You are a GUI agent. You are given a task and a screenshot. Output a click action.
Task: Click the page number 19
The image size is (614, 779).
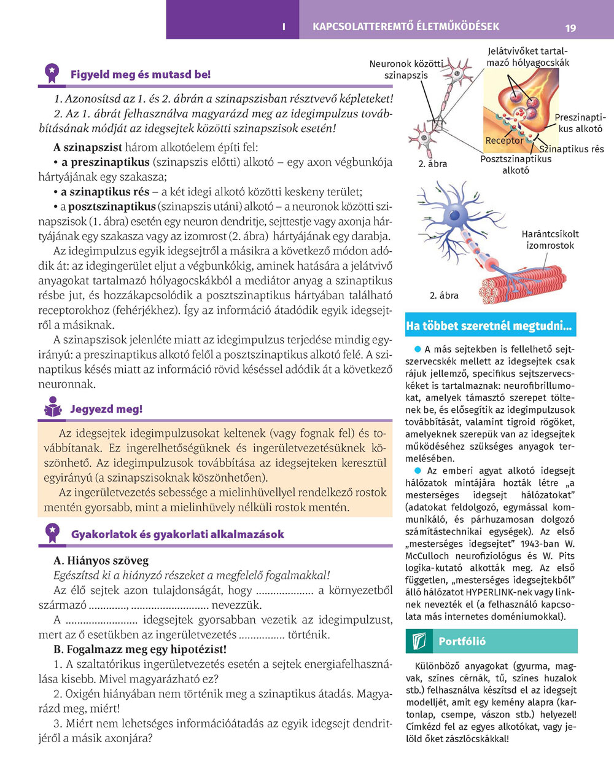(x=570, y=28)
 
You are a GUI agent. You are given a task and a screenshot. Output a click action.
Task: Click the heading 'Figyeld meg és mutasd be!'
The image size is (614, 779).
(x=140, y=75)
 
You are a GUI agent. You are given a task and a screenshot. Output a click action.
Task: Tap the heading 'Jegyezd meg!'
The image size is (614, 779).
(x=106, y=409)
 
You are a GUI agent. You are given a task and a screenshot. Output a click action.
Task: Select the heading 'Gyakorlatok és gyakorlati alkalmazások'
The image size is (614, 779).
(x=177, y=534)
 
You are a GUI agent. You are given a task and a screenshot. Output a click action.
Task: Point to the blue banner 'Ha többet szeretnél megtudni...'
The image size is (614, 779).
(x=489, y=326)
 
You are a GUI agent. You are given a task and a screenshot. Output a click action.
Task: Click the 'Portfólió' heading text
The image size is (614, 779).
(x=462, y=641)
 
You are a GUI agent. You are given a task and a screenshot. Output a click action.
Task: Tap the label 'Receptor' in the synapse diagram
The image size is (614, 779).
(x=504, y=141)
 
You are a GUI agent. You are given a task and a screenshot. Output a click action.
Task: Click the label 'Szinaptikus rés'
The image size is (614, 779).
(x=572, y=149)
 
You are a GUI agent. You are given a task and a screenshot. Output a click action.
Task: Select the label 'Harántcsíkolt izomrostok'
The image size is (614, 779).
(x=550, y=240)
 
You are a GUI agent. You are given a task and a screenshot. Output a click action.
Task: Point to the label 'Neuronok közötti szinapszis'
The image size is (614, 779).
(x=406, y=69)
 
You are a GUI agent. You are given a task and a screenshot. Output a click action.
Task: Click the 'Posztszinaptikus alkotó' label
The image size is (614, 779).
(x=516, y=165)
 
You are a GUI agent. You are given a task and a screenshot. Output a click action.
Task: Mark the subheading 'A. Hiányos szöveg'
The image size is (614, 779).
(x=101, y=561)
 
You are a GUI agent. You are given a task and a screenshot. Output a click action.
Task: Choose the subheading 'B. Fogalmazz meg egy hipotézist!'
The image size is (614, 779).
(x=140, y=649)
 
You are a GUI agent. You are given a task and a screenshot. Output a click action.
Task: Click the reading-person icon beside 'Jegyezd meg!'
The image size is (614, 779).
(x=53, y=408)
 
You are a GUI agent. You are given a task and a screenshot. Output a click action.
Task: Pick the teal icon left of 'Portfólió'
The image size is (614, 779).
(x=418, y=641)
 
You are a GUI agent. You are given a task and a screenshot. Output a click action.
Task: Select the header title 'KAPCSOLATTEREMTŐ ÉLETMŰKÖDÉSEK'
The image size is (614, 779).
(x=406, y=27)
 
